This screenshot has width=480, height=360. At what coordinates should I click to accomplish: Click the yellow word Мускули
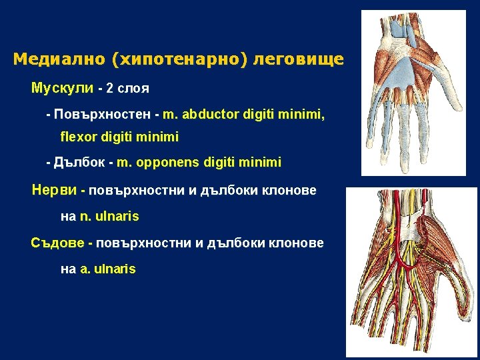click(x=62, y=88)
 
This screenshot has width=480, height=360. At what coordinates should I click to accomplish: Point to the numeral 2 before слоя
click(x=110, y=88)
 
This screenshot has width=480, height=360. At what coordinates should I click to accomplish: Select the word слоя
click(x=133, y=88)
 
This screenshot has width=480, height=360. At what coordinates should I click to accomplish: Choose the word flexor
click(x=75, y=137)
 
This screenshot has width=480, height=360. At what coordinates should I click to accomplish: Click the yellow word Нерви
click(x=54, y=190)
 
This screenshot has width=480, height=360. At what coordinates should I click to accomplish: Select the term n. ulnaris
click(x=109, y=216)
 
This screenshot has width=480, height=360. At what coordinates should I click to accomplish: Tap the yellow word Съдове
click(x=57, y=243)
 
